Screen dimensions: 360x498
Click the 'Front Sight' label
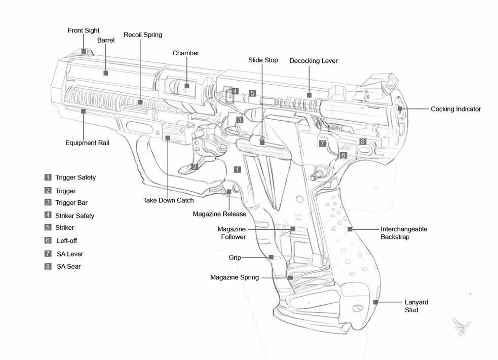84,31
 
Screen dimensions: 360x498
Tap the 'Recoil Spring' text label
143,35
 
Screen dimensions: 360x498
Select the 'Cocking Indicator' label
455,109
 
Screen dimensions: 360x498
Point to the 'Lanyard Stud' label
416,306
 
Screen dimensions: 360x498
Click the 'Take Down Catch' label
168,200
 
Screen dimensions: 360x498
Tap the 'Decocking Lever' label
313,61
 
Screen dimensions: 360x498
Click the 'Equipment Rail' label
87,143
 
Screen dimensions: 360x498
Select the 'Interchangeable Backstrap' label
403,233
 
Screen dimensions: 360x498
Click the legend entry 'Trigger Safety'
75,177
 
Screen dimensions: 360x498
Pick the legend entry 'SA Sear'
68,266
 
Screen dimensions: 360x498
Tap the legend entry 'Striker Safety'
74,215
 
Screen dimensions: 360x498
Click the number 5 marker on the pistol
252,93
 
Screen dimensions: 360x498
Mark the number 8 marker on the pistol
363,141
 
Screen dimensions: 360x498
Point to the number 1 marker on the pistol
238,169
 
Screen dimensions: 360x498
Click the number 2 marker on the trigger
195,166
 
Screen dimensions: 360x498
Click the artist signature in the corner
462,326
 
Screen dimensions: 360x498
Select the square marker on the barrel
105,73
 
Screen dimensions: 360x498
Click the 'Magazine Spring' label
235,277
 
